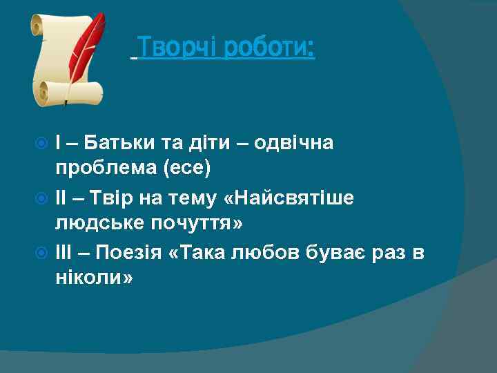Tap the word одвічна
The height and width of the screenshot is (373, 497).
tap(293, 143)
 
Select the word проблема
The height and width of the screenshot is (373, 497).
tap(104, 167)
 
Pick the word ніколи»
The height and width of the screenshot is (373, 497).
tap(94, 278)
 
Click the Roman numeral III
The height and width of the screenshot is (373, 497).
tap(64, 254)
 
